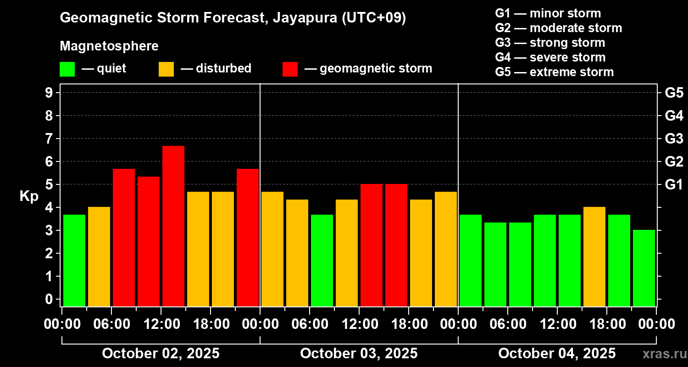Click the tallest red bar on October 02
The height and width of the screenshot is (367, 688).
click(x=173, y=226)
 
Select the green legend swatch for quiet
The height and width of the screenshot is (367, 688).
click(x=67, y=69)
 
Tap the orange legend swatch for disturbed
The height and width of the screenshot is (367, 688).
click(x=166, y=69)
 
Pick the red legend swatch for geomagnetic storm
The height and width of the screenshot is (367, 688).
click(x=290, y=69)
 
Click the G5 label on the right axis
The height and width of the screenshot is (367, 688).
click(x=674, y=93)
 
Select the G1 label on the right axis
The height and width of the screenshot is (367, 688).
click(x=674, y=185)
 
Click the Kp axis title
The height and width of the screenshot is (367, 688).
click(x=29, y=196)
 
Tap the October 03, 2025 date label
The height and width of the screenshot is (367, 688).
click(x=359, y=354)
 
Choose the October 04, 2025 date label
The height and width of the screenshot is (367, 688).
click(x=557, y=354)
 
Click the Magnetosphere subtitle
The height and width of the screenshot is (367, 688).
click(x=109, y=46)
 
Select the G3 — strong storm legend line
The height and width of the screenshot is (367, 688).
click(x=550, y=43)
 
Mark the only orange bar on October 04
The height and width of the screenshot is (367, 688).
click(x=594, y=256)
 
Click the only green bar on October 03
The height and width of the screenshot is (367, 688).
click(x=322, y=260)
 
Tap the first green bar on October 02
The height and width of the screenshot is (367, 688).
click(x=74, y=260)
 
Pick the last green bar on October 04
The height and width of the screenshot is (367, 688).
click(x=644, y=268)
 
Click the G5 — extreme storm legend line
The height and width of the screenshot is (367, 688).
click(x=554, y=72)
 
